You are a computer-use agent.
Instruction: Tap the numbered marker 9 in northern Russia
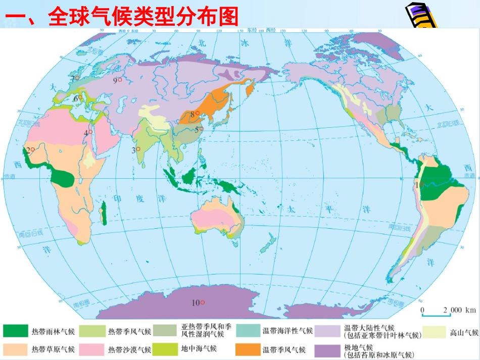pyautogui.click(x=120, y=80)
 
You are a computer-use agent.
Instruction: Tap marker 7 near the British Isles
pyautogui.click(x=197, y=114)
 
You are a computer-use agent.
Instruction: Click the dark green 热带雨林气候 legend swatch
pyautogui.click(x=15, y=331)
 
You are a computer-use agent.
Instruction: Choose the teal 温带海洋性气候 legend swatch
pyautogui.click(x=247, y=331)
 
